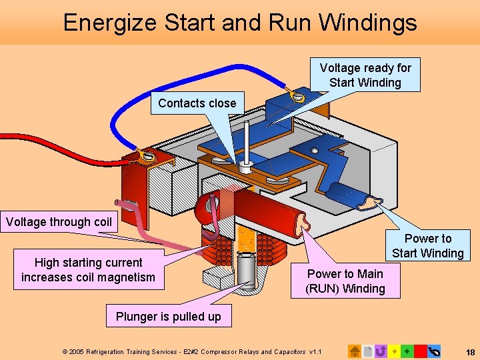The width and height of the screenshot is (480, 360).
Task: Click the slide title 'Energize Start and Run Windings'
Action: tap(240, 23)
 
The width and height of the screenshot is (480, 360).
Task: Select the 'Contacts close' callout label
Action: tap(197, 103)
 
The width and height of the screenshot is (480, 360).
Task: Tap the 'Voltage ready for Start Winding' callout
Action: tap(365, 75)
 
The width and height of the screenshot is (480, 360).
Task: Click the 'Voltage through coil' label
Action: tap(59, 222)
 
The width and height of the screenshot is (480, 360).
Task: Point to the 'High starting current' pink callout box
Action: tap(88, 270)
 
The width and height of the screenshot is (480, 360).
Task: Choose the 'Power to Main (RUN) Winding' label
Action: tap(345, 281)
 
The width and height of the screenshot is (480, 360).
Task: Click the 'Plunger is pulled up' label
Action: tap(168, 317)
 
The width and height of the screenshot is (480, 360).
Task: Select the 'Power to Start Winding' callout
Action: tap(427, 245)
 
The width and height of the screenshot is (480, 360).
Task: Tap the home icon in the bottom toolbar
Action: tap(355, 351)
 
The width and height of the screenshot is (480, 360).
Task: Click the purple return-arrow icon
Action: tap(381, 351)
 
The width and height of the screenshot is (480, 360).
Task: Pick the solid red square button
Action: tap(420, 351)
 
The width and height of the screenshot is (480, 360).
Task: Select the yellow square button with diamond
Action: tap(395, 351)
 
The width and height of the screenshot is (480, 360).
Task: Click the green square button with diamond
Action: tap(407, 351)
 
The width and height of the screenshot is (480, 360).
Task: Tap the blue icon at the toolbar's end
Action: tap(434, 351)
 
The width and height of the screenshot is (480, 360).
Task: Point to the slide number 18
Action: tap(470, 351)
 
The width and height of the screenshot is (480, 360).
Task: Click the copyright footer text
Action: tap(192, 351)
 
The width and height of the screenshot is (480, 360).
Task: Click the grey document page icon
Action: tap(367, 351)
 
